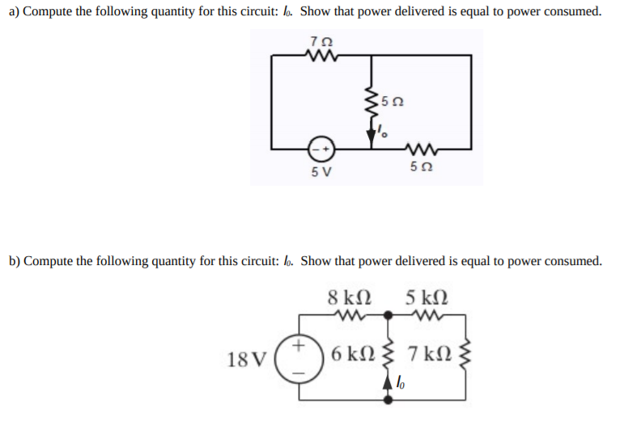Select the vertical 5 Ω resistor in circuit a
click(x=372, y=103)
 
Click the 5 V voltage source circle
click(x=320, y=150)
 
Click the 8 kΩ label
click(x=350, y=295)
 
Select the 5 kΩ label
click(x=427, y=295)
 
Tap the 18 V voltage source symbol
click(x=299, y=357)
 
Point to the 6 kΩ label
click(x=353, y=353)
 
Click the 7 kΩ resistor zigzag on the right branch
click(x=465, y=353)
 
